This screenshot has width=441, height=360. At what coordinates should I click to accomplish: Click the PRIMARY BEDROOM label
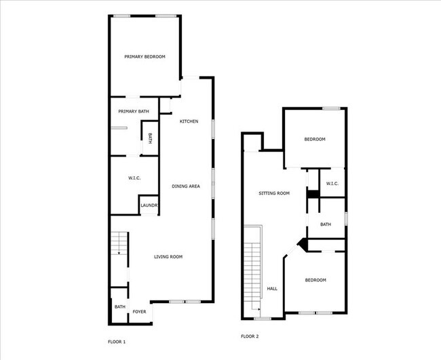point(145,57)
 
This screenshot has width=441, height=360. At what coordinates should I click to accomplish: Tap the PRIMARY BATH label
point(133,111)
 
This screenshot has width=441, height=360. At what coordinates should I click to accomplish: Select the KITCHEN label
point(189,121)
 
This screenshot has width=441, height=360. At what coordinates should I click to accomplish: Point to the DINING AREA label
point(185,186)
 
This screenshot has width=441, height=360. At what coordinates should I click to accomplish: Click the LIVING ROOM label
point(168,256)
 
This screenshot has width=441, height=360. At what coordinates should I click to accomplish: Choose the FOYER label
point(139,311)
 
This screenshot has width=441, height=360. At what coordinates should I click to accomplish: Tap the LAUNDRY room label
point(149,205)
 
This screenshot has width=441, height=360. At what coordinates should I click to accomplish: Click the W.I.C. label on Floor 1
point(134,178)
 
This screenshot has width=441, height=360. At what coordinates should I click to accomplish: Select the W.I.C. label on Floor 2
point(332,184)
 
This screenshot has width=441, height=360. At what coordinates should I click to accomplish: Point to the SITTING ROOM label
point(274,193)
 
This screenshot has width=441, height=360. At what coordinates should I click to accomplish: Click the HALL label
point(272,288)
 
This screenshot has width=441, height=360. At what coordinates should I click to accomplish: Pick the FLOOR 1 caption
point(117,341)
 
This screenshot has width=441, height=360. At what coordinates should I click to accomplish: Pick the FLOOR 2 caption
point(250,336)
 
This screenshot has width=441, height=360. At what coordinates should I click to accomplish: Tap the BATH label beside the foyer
point(119,307)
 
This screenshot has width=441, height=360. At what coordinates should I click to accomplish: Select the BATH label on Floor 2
point(326,224)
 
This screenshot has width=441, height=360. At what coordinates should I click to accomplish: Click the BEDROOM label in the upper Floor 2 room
point(314,139)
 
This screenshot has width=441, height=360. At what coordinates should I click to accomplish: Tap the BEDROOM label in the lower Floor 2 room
point(315,280)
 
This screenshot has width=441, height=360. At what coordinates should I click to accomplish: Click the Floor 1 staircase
point(119,243)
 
